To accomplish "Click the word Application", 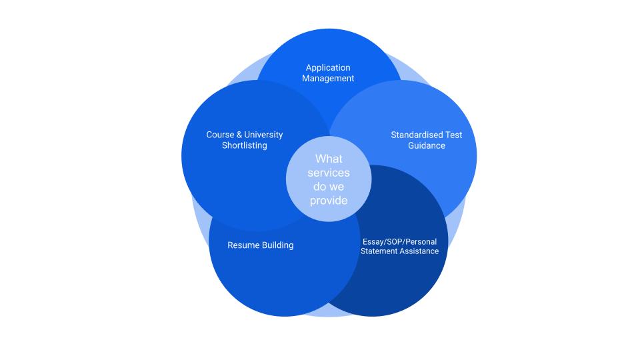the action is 328,68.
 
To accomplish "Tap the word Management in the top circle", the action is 328,79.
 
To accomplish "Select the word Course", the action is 221,135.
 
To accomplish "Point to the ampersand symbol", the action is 239,135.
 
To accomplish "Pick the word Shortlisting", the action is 245,145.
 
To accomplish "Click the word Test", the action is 454,135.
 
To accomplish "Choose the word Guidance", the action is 427,146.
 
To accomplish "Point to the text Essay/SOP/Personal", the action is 399,241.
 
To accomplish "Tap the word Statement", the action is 379,251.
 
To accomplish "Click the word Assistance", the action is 419,251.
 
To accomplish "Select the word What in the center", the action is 329,159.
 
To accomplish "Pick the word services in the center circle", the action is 329,173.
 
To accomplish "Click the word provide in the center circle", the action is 329,201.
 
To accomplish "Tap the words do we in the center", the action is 329,187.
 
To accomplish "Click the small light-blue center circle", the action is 329,179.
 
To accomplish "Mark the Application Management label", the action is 328,73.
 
